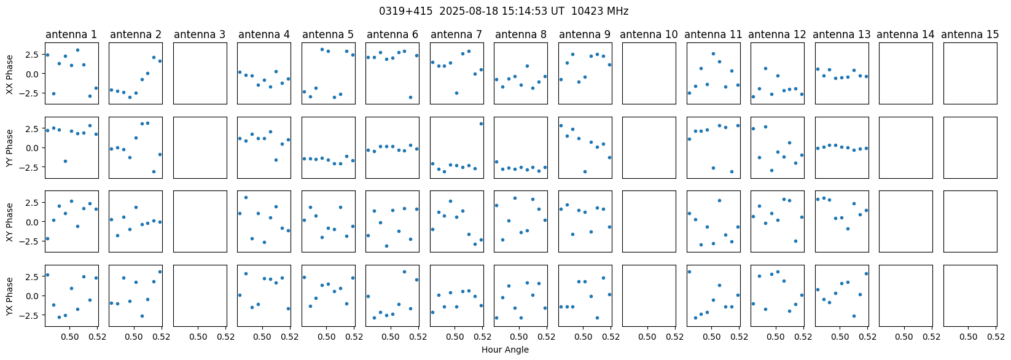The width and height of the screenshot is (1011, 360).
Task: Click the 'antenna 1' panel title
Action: point(71,35)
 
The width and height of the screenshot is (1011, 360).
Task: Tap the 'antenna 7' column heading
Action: point(456,35)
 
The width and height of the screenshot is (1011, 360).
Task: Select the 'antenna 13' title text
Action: point(841,35)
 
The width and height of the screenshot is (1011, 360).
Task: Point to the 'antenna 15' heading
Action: point(970,35)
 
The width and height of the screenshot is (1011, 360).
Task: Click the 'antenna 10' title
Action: point(649,35)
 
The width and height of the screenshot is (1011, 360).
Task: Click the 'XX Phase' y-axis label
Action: point(10,74)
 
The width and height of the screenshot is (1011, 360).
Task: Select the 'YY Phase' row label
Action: point(10,147)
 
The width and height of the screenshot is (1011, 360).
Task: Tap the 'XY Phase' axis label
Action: point(10,222)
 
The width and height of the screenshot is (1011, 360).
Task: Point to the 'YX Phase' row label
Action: point(10,295)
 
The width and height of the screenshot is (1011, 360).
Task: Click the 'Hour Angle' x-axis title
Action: point(505,350)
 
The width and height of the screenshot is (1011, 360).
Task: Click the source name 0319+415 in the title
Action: point(400,11)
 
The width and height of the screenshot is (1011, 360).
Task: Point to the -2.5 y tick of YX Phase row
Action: point(29,315)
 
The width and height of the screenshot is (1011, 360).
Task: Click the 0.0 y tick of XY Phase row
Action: point(32,222)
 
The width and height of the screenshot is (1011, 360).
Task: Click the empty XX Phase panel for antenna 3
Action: point(200,74)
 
